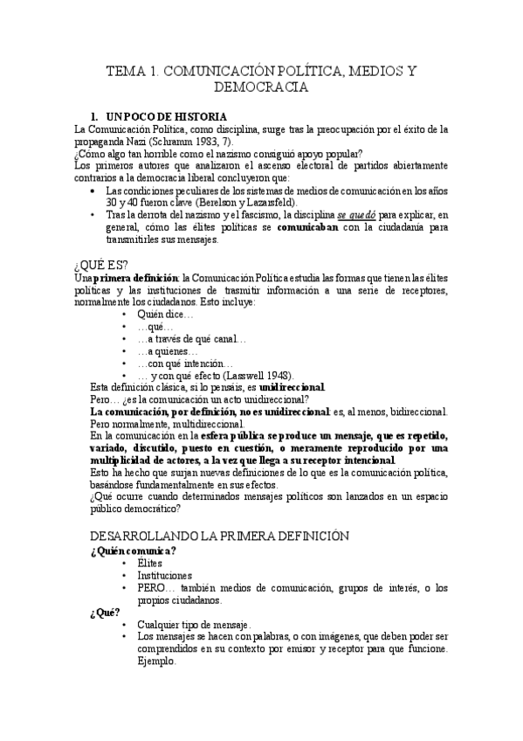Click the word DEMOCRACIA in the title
(x=261, y=87)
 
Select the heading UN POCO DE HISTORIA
(x=166, y=116)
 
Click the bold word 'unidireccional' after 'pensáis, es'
(x=292, y=387)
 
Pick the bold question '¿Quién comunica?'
(x=133, y=551)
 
